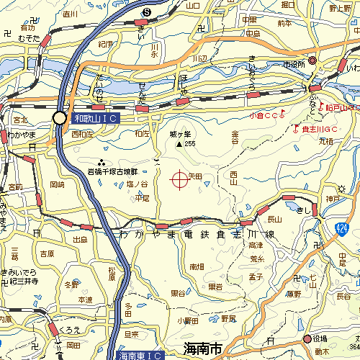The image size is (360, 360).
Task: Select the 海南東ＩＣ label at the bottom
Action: (136, 355)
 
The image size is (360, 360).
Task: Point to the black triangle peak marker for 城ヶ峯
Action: (179, 144)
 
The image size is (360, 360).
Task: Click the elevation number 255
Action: (190, 144)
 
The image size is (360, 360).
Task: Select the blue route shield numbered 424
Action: (341, 228)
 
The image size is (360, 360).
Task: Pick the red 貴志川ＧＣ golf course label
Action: (320, 129)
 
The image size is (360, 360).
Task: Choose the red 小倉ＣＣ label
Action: (266, 114)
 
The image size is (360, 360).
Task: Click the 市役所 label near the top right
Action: (292, 64)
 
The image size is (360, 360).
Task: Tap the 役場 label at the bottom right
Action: (320, 338)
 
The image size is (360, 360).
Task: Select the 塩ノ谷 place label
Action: (137, 184)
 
